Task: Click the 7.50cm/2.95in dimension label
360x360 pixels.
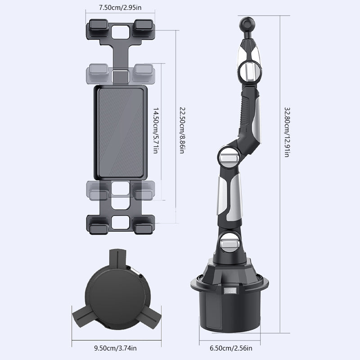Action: point(120,8)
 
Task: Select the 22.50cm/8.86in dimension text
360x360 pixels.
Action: point(182,130)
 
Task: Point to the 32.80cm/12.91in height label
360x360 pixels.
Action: point(287,132)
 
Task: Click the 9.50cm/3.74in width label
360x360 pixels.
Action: point(115,348)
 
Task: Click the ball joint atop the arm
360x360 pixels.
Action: point(247,23)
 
